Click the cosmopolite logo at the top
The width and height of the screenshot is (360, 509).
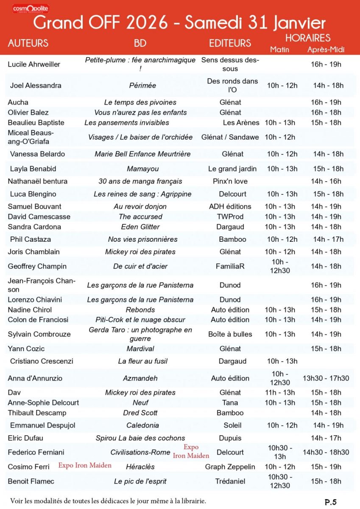[31, 8]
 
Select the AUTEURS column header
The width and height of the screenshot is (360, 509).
[28, 43]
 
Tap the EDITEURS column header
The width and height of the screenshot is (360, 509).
[230, 43]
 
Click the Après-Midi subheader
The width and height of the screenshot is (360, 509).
[326, 50]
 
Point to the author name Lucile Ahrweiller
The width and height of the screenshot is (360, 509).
[34, 64]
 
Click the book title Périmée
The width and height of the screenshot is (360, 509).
[142, 85]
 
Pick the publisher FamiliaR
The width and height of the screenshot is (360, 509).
[230, 266]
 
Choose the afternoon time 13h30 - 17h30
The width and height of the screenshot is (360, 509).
[326, 378]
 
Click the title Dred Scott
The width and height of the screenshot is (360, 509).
[140, 413]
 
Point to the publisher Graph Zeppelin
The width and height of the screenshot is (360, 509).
[230, 467]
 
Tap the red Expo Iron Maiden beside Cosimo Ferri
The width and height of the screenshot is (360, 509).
[85, 465]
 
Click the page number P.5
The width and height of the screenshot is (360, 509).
[331, 502]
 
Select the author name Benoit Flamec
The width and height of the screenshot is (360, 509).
[31, 481]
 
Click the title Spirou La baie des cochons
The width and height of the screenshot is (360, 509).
[140, 438]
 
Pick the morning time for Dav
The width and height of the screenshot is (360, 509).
[279, 392]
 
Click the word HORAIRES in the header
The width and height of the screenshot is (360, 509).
[307, 38]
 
